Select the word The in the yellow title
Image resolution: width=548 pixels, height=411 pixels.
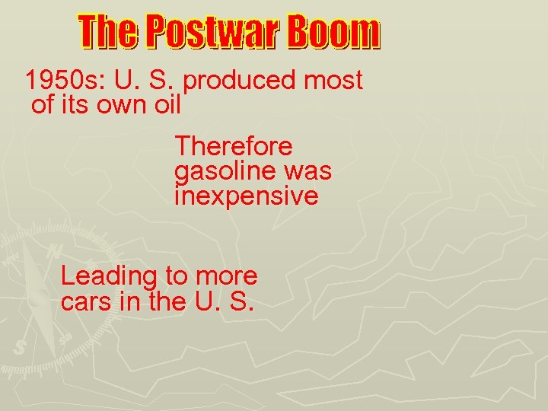[108, 33]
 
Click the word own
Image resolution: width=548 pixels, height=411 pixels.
[123, 105]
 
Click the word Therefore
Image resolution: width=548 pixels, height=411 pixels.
[234, 145]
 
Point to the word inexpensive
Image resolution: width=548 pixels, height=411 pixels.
[246, 196]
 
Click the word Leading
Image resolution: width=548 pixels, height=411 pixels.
[108, 276]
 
